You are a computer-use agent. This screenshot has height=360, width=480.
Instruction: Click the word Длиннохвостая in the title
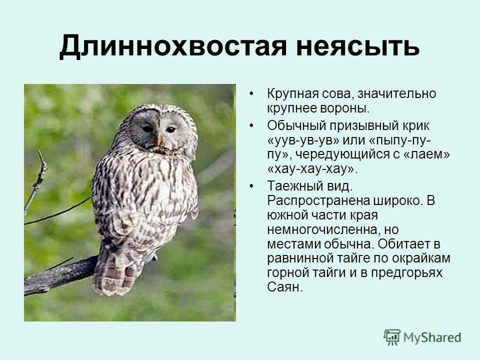click(x=173, y=46)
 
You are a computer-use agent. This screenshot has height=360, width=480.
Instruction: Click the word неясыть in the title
click(x=357, y=46)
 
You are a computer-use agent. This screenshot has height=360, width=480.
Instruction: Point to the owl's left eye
click(x=147, y=129)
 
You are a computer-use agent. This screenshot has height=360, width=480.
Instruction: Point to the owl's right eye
click(x=171, y=129)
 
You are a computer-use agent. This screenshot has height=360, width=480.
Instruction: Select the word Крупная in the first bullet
click(x=292, y=93)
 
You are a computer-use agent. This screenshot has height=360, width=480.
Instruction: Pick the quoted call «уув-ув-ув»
click(x=303, y=140)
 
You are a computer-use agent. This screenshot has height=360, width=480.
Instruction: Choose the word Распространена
click(x=318, y=201)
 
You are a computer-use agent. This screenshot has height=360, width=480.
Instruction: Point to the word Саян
click(x=284, y=287)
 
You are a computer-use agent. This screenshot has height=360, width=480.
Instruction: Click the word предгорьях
click(x=407, y=272)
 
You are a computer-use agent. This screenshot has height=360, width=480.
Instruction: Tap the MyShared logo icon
click(x=392, y=337)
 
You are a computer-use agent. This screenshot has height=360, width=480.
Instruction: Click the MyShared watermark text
click(x=432, y=337)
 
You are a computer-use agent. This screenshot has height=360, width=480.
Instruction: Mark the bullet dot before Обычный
click(x=251, y=125)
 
